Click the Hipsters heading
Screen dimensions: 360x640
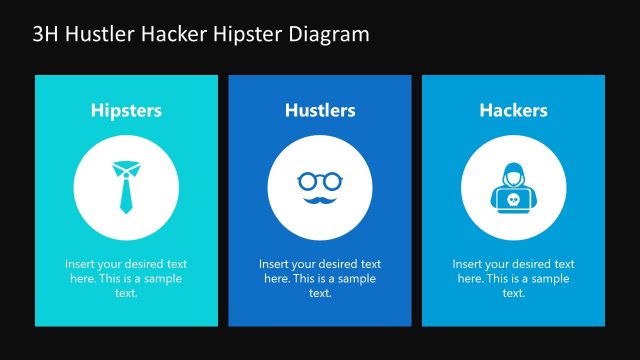[x=126, y=110]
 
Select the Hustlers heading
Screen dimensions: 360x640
[x=320, y=110]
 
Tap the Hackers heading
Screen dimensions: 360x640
[x=513, y=110]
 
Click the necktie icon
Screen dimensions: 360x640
[x=126, y=186]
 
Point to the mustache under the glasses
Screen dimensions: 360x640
[x=320, y=200]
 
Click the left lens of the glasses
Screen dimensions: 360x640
[x=308, y=181]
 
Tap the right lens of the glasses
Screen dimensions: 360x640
[x=332, y=181]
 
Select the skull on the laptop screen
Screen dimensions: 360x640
[x=513, y=200]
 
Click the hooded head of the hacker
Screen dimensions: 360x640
[x=513, y=176]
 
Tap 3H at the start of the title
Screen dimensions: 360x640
[x=46, y=34]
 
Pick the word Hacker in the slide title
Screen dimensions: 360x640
[x=175, y=34]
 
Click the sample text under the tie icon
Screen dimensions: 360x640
[x=126, y=278]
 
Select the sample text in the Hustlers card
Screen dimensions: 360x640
[x=320, y=278]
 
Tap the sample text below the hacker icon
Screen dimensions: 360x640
[x=513, y=278]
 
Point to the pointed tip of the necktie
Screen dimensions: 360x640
[x=126, y=212]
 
